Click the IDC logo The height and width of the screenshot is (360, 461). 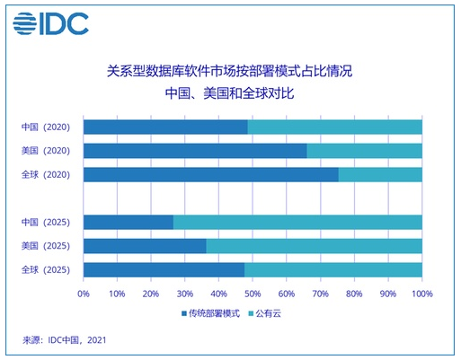point(50,23)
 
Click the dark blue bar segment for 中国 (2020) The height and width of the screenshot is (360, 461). point(165,127)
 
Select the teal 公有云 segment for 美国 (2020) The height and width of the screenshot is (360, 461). point(365,151)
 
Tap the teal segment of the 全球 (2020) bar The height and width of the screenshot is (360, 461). point(380,174)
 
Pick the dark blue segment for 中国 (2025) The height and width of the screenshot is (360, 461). point(129,222)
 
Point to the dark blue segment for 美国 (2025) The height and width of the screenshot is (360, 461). point(145,246)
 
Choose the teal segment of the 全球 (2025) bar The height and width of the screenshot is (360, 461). point(333,270)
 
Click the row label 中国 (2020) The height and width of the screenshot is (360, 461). point(46,127)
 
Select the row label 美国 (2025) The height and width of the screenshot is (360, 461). point(46,246)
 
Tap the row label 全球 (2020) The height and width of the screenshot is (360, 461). point(46,174)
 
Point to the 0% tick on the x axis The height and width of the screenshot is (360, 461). point(84,294)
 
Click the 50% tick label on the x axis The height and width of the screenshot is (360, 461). point(253,294)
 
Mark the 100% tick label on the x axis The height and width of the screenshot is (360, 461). point(422,294)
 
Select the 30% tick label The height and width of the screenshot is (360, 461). point(185,294)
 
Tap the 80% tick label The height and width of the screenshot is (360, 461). point(354,294)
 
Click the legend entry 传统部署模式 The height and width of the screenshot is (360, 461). point(211,313)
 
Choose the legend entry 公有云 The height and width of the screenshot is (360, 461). point(265,313)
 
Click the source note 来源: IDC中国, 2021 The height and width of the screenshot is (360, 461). point(65,340)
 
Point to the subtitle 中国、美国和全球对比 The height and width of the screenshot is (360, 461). point(230,93)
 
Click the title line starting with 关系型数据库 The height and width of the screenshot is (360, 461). point(230,71)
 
